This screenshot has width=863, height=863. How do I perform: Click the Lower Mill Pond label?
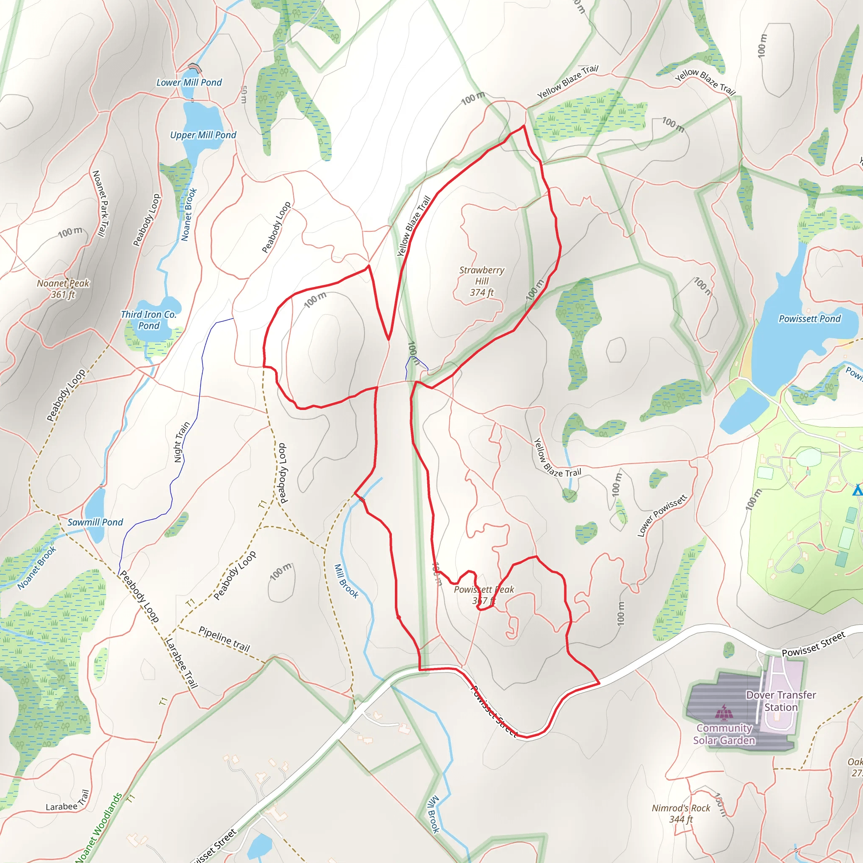pyautogui.click(x=189, y=83)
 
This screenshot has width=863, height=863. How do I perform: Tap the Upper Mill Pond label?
pyautogui.click(x=203, y=135)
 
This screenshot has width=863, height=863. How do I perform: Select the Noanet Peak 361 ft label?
pyautogui.click(x=63, y=289)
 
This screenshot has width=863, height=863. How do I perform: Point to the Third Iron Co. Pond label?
pyautogui.click(x=149, y=320)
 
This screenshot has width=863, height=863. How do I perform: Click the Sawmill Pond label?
pyautogui.click(x=95, y=522)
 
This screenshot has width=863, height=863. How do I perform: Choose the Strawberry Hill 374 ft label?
pyautogui.click(x=482, y=281)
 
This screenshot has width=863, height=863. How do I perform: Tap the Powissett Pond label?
pyautogui.click(x=809, y=319)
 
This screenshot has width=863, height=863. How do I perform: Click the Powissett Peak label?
pyautogui.click(x=484, y=590)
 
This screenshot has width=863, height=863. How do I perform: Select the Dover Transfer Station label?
pyautogui.click(x=781, y=701)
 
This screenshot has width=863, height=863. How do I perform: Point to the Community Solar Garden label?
pyautogui.click(x=724, y=734)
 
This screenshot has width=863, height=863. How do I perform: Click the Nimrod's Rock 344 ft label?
pyautogui.click(x=681, y=813)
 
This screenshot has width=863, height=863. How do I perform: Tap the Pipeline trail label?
pyautogui.click(x=224, y=639)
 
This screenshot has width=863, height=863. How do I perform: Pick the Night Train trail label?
pyautogui.click(x=182, y=442)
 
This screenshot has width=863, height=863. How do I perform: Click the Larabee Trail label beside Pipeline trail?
pyautogui.click(x=181, y=663)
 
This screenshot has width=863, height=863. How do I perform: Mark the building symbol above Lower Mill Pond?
pyautogui.click(x=195, y=68)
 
